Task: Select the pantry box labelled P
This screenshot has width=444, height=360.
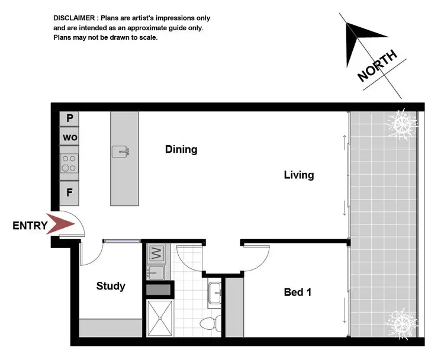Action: click(69, 118)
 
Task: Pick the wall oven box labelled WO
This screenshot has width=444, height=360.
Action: click(69, 138)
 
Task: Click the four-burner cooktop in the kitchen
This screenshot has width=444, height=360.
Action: click(69, 163)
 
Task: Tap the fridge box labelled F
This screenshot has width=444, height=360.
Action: click(69, 192)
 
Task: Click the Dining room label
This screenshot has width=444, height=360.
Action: click(181, 149)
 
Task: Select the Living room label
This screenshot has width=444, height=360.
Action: click(298, 175)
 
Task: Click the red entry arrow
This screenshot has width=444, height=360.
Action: click(62, 225)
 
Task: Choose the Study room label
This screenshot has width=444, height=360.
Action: click(111, 286)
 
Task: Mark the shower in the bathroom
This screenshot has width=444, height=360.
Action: click(160, 317)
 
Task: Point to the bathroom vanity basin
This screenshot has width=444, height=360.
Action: click(214, 292)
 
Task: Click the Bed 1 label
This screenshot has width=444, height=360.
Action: click(297, 292)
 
